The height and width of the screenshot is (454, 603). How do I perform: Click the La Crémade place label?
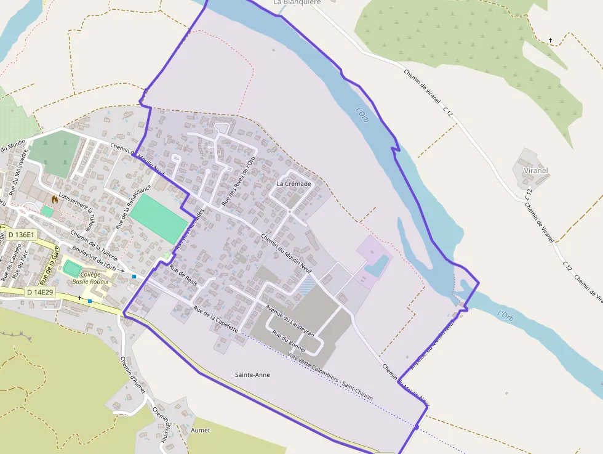(294, 184)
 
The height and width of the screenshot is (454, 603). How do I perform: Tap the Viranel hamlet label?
(535, 170)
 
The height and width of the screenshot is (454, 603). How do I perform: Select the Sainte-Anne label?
(252, 375)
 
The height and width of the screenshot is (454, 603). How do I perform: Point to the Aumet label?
(201, 429)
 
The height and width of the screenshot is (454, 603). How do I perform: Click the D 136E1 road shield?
(22, 235)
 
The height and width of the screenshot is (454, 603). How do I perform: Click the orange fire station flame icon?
(55, 199)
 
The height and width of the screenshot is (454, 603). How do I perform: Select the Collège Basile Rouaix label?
(90, 278)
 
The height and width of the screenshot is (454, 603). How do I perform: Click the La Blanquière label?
(297, 2)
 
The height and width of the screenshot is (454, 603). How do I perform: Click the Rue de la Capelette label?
(215, 318)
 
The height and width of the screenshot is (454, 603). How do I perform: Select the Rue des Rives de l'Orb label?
(238, 178)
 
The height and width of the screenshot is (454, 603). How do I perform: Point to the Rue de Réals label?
(183, 275)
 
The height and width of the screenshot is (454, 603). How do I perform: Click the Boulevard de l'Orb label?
(94, 258)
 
